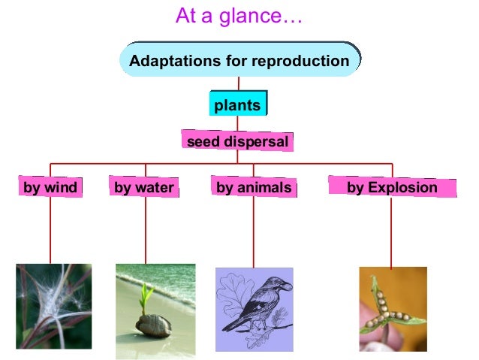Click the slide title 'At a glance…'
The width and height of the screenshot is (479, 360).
pyautogui.click(x=239, y=16)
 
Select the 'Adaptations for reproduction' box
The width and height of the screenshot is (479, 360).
pyautogui.click(x=239, y=61)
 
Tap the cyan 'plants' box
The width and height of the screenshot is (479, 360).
pyautogui.click(x=237, y=105)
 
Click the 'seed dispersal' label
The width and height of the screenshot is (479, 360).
pyautogui.click(x=236, y=141)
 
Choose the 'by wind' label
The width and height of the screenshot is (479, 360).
pyautogui.click(x=50, y=188)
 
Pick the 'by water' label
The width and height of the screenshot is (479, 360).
pyautogui.click(x=144, y=188)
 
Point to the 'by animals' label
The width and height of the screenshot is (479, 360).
pyautogui.click(x=254, y=188)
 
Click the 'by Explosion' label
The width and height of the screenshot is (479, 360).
pyautogui.click(x=392, y=188)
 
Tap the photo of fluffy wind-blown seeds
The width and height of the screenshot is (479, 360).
pyautogui.click(x=53, y=306)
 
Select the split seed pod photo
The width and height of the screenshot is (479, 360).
pyautogui.click(x=393, y=309)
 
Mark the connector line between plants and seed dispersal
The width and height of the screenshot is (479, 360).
pyautogui.click(x=237, y=123)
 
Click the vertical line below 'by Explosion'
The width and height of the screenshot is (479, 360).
pyautogui.click(x=391, y=233)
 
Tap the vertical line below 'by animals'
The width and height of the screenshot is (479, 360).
pyautogui.click(x=254, y=233)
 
